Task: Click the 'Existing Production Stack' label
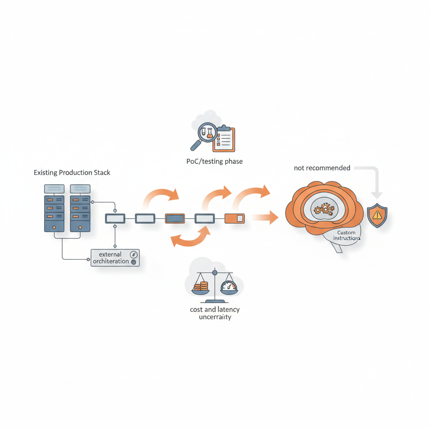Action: [72, 173]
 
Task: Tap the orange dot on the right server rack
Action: [80, 227]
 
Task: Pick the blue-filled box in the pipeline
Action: [175, 218]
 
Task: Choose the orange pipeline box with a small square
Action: [235, 218]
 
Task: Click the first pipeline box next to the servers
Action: [115, 218]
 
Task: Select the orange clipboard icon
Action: [224, 139]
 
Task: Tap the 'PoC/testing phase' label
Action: [214, 161]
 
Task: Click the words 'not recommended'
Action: [322, 168]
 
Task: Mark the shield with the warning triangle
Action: [377, 215]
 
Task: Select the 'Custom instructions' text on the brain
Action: [346, 235]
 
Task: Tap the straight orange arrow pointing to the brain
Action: [265, 217]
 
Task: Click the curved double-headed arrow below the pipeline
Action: [191, 239]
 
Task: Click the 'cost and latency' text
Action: [215, 310]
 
